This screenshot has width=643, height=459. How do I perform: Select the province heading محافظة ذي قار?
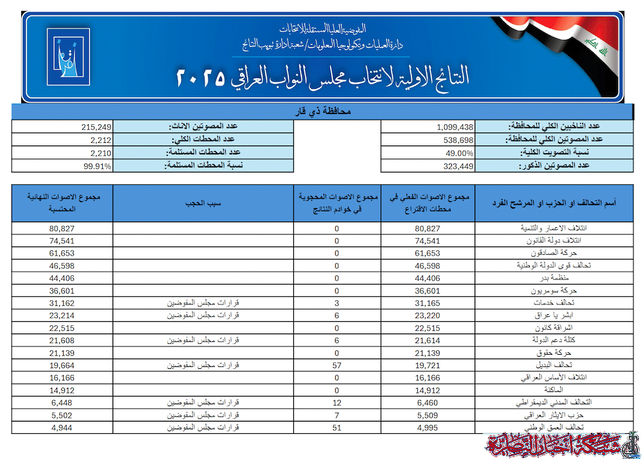click(321, 112)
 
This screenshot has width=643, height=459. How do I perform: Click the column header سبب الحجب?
click(203, 203)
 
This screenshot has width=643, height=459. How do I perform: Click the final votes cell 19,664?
click(63, 365)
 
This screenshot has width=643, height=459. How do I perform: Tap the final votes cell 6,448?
click(63, 402)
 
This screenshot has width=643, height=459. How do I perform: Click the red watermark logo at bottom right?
click(563, 445)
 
